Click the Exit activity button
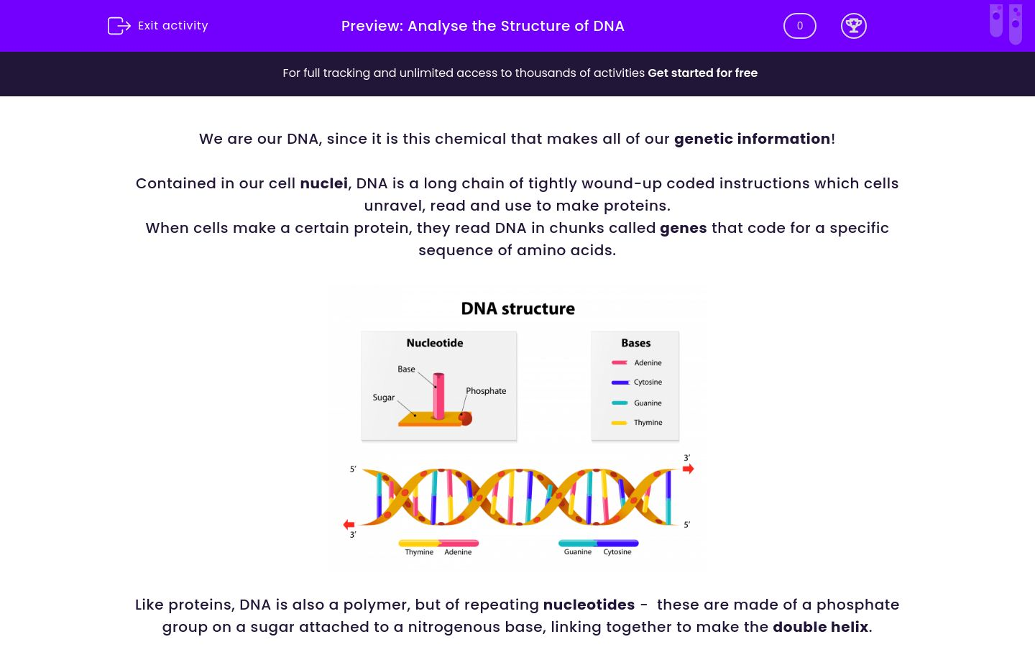pos(158,26)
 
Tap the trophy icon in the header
pos(853,26)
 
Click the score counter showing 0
pos(799,26)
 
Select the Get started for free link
pos(702,73)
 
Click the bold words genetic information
pos(752,139)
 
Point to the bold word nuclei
pos(323,183)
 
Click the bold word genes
pos(683,228)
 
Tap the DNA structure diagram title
pos(517,308)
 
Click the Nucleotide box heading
pos(434,343)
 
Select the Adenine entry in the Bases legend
pos(648,363)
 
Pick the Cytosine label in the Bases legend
pos(648,382)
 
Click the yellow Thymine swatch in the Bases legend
pos(620,423)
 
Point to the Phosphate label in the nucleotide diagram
pos(486,391)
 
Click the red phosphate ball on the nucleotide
pos(465,418)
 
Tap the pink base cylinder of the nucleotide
pos(438,395)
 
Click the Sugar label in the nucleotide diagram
pos(383,398)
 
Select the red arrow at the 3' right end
pos(688,469)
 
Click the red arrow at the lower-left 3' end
pos(349,525)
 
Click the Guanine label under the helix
pos(577,552)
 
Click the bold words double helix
pos(820,627)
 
